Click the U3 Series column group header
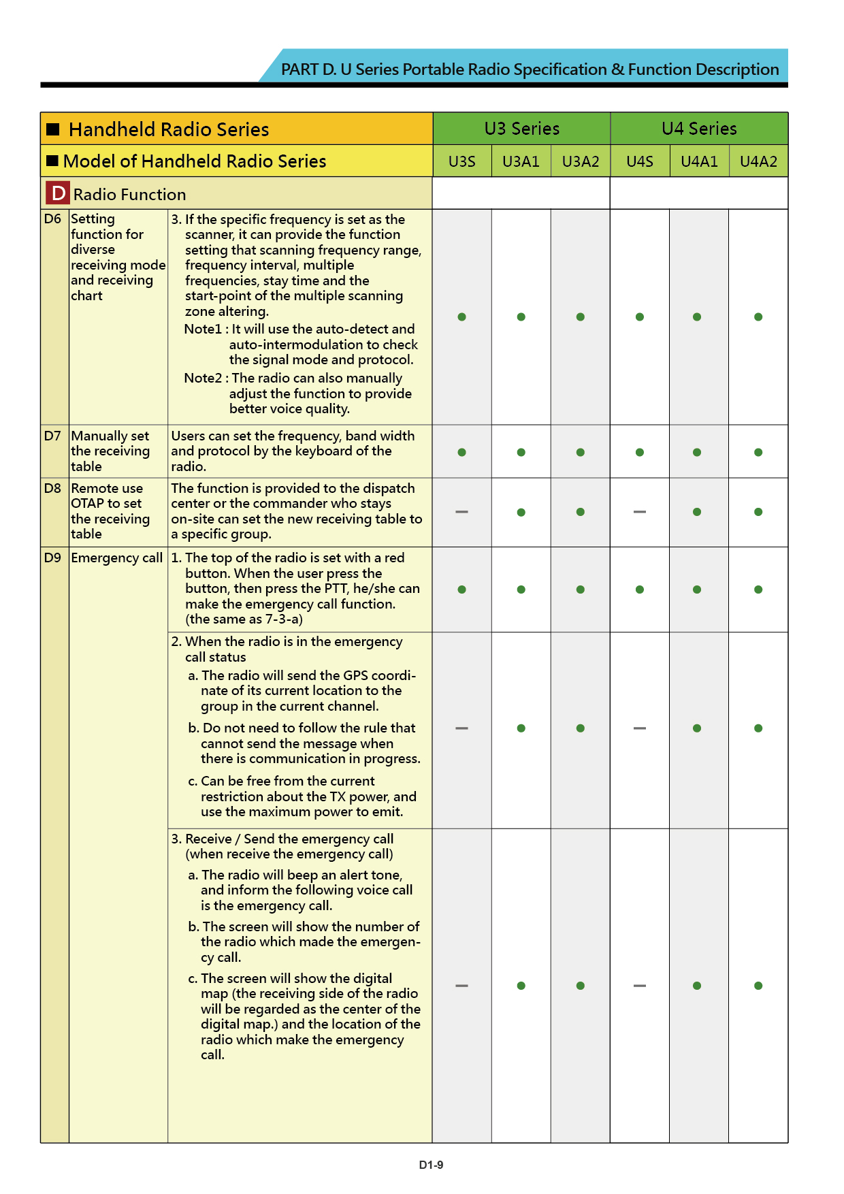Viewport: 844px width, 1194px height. [x=521, y=129]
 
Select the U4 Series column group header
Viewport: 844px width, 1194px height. [x=699, y=129]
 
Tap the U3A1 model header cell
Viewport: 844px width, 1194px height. [x=521, y=161]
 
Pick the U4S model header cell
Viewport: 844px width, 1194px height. [x=640, y=161]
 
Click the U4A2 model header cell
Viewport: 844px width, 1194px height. [x=758, y=161]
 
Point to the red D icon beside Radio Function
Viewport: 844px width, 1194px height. [x=58, y=193]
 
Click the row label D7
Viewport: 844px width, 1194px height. [x=52, y=436]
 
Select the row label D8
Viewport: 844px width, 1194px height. [x=52, y=488]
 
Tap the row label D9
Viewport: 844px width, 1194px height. [x=52, y=558]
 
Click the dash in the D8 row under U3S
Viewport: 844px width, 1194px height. [x=461, y=512]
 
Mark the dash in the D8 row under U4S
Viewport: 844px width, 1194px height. [x=640, y=512]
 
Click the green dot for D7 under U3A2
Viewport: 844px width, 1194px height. [x=580, y=452]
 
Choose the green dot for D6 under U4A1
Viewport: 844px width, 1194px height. [x=697, y=317]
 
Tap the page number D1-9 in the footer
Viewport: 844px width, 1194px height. [x=431, y=1165]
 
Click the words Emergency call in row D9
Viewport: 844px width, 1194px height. [x=117, y=558]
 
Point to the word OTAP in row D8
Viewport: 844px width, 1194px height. [x=87, y=504]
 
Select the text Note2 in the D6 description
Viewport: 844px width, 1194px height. [x=203, y=378]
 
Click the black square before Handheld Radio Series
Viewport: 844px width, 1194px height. [x=53, y=129]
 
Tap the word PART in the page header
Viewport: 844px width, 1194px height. [x=299, y=69]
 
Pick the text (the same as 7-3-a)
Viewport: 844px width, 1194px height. [x=244, y=619]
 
